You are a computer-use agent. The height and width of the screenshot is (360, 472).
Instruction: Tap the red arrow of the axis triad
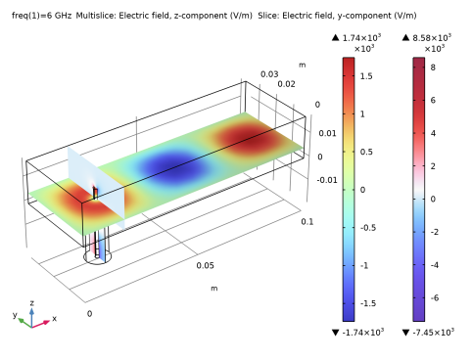point(44,322)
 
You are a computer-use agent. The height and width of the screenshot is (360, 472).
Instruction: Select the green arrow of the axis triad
point(22,320)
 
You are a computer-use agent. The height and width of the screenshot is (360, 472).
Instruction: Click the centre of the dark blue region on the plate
point(176,167)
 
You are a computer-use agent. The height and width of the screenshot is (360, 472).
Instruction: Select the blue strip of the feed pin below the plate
point(102,247)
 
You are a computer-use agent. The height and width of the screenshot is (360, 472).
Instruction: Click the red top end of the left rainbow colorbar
point(349,66)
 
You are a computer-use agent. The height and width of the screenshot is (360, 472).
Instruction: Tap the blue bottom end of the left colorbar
point(349,313)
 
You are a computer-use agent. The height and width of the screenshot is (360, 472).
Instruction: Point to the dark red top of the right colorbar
point(419,65)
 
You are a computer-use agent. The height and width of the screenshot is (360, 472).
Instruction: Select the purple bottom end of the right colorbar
point(419,313)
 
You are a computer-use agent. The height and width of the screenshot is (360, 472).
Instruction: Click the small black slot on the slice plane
point(95,192)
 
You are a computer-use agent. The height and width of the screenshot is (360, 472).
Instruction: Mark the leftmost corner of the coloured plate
point(29,193)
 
